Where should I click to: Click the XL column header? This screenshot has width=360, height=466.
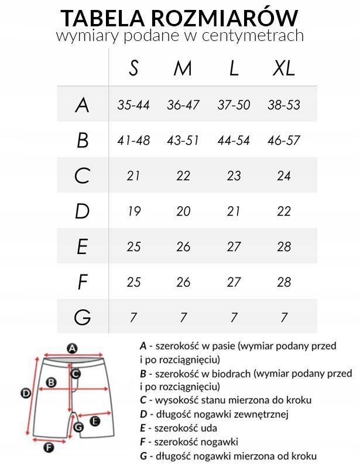tap(284, 68)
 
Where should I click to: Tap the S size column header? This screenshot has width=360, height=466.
tap(133, 68)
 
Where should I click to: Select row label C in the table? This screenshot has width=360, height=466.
tap(83, 176)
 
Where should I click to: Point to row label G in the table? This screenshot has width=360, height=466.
tap(83, 317)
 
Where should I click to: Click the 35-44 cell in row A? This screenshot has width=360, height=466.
tap(133, 105)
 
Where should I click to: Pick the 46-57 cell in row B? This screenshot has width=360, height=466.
tap(284, 141)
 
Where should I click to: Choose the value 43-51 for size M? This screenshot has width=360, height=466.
tap(183, 141)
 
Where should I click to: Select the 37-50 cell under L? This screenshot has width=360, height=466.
tap(234, 105)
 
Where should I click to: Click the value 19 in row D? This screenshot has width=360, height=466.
tap(133, 211)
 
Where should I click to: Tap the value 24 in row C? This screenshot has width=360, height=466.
tap(284, 176)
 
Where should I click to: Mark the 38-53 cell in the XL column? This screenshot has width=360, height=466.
tap(284, 105)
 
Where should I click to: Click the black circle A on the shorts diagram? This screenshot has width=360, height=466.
tap(73, 348)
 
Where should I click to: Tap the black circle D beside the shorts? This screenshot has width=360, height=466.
tap(26, 393)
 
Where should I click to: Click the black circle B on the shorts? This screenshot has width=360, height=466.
tap(51, 382)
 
